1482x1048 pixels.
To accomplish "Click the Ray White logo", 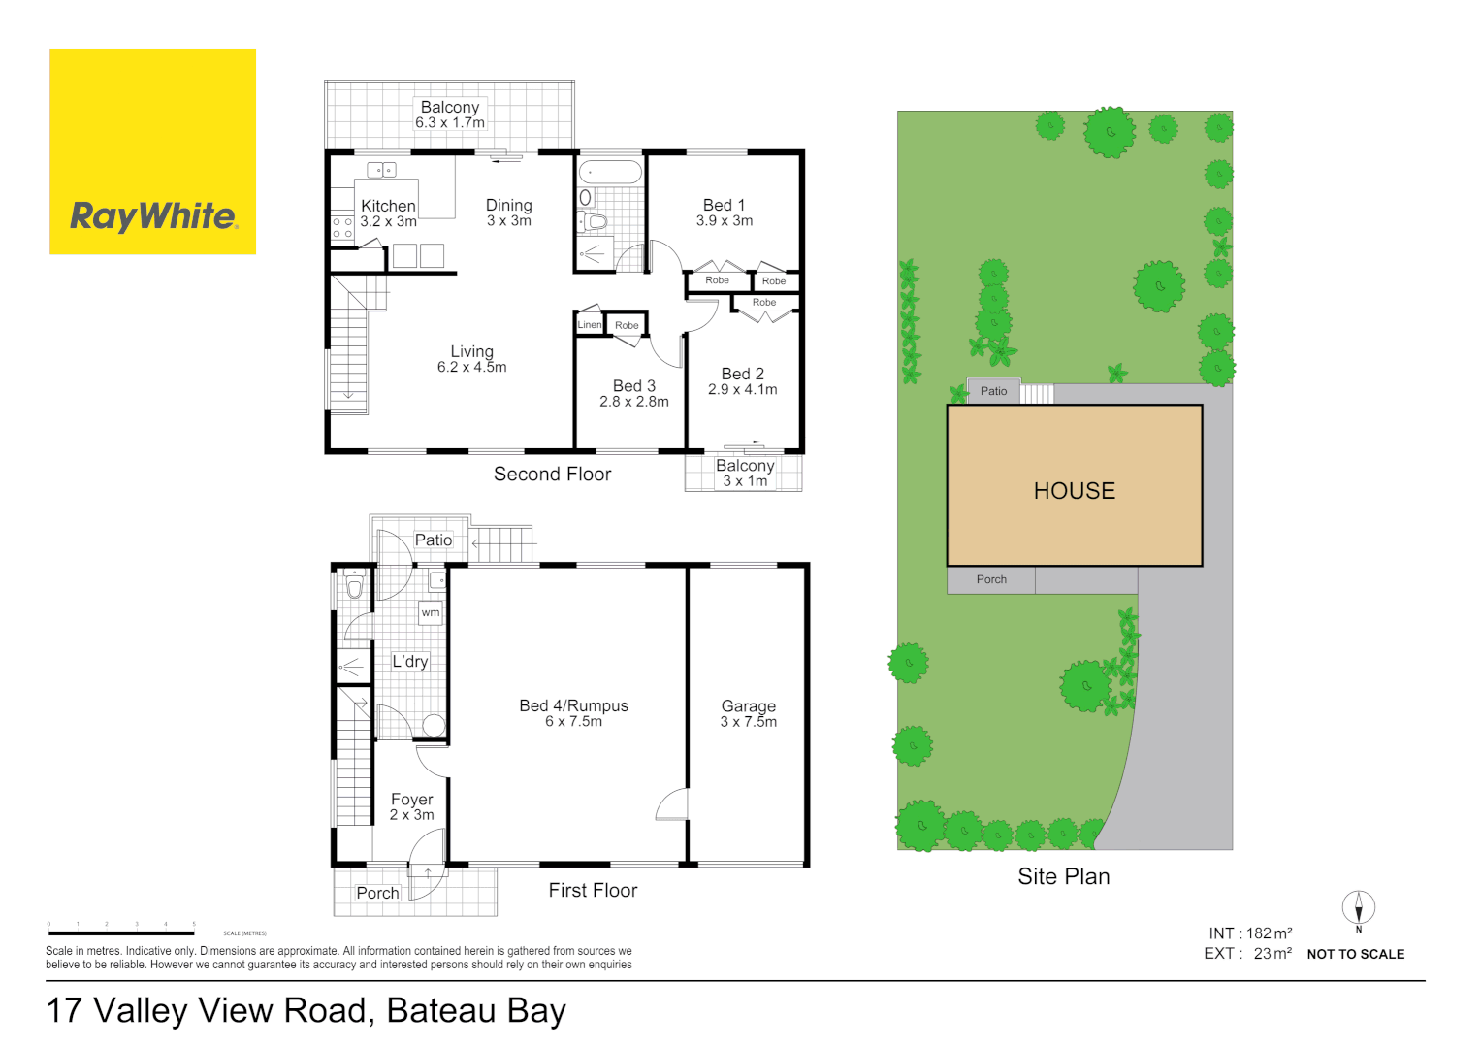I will tap(152, 151).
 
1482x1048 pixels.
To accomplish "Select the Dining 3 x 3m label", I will tap(508, 213).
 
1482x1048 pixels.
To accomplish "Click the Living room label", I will tap(471, 359).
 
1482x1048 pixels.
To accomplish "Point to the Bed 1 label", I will tap(724, 213).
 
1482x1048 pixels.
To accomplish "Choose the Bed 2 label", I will tap(742, 381).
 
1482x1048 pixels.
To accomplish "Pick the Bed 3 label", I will tap(633, 393).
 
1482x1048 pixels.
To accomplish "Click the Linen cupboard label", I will tap(590, 325).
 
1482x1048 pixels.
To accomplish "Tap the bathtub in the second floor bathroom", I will tap(610, 173).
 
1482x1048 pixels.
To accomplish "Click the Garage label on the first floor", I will tap(748, 713).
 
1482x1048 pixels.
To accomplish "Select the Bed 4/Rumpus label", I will tap(573, 713).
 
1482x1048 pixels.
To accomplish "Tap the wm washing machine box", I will tap(431, 612).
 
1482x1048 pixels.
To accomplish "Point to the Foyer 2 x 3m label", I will tap(411, 806).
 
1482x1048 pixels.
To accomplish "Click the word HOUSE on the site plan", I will tap(1074, 491).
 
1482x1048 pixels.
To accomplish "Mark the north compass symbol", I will tap(1358, 909).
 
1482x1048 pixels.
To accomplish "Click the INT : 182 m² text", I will tap(1250, 933).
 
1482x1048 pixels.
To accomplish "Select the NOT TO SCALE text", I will tap(1355, 955).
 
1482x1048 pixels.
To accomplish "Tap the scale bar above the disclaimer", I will tap(121, 933).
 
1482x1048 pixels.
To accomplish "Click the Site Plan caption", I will tap(1063, 876).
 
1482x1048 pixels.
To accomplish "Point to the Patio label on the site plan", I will tap(993, 391).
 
